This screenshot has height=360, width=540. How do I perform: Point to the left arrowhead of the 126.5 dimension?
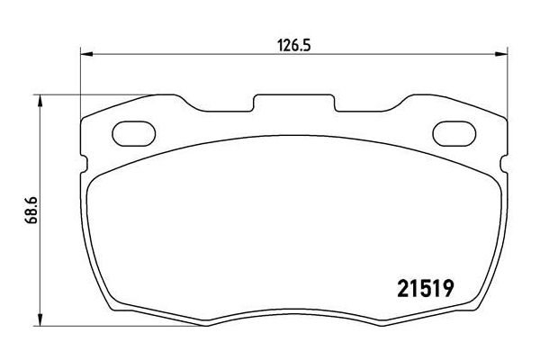coord(86,55)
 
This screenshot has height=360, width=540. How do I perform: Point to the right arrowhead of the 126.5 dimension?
coord(498,55)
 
